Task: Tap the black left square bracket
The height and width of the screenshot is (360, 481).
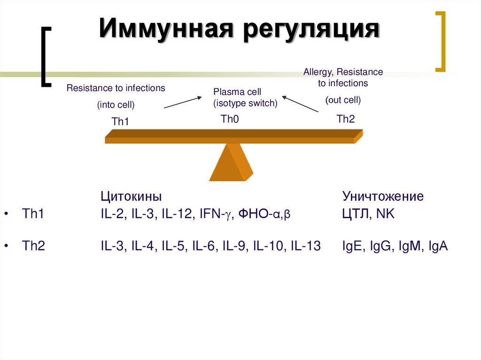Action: pyautogui.click(x=46, y=57)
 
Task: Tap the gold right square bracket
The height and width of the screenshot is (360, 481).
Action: pyautogui.click(x=440, y=42)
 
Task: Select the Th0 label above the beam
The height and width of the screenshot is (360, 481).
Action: pyautogui.click(x=230, y=119)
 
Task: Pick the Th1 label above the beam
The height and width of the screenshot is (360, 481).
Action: pyautogui.click(x=120, y=122)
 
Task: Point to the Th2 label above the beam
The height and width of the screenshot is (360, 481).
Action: pyautogui.click(x=346, y=119)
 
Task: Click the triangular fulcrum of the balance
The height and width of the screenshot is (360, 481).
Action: pyautogui.click(x=231, y=162)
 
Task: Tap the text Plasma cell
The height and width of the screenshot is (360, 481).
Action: pyautogui.click(x=237, y=92)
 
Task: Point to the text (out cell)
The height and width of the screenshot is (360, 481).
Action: pyautogui.click(x=343, y=100)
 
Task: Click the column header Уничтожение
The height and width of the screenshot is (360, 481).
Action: pyautogui.click(x=383, y=196)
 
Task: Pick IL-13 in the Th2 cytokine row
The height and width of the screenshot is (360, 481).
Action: pyautogui.click(x=306, y=246)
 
